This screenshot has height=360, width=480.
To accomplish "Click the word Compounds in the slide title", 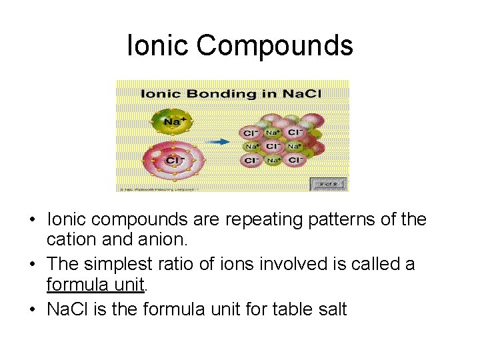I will tap(275, 46).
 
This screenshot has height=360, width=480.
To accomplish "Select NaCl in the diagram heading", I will tap(301, 93).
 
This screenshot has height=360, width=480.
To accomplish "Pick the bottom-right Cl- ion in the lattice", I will tap(294, 160).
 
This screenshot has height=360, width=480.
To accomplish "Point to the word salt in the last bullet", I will tap(328, 309).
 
